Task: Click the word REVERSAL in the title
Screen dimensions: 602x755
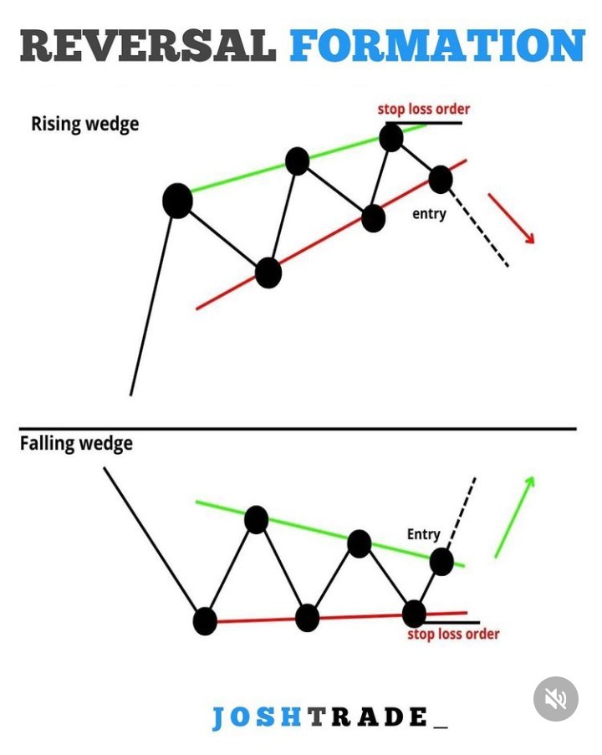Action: click(x=148, y=45)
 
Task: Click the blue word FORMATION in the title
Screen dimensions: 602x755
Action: click(x=437, y=45)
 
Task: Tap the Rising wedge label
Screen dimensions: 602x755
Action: click(x=84, y=125)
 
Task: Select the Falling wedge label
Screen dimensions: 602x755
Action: click(x=76, y=443)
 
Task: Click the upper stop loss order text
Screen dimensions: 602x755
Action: click(x=423, y=109)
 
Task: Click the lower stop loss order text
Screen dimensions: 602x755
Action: click(x=453, y=634)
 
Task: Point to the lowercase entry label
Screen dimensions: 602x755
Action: click(x=429, y=213)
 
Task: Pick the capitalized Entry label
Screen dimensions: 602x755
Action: click(x=423, y=534)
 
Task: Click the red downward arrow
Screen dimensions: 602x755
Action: click(x=511, y=218)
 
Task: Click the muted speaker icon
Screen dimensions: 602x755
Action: click(x=556, y=699)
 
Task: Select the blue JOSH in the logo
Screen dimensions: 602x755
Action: click(x=258, y=717)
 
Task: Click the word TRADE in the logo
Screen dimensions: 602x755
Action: click(x=368, y=717)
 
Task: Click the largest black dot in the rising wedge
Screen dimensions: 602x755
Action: click(x=178, y=201)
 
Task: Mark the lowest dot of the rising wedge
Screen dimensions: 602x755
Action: click(x=268, y=273)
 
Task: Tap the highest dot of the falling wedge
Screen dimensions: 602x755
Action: click(x=256, y=519)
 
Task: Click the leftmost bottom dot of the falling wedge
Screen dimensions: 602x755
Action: click(x=205, y=621)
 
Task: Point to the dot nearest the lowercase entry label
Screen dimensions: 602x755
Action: click(x=441, y=180)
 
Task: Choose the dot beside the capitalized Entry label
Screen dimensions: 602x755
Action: click(x=441, y=562)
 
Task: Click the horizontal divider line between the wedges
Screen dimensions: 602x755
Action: click(x=298, y=428)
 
